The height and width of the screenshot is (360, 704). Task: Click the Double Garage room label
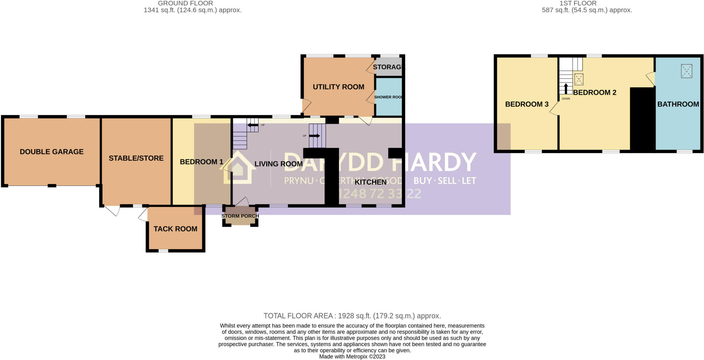(x=52, y=152)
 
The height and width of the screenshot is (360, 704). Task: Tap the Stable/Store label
(x=136, y=158)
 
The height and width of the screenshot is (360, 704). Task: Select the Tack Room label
(x=175, y=229)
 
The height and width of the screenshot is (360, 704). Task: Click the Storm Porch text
(x=240, y=216)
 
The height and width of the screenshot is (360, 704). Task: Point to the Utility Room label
(x=338, y=87)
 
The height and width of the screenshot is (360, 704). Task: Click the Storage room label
(x=388, y=67)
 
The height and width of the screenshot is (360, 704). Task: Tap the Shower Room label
(x=388, y=97)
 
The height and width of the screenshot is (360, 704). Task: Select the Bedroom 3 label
(x=527, y=104)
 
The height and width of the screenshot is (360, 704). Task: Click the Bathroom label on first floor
(x=678, y=104)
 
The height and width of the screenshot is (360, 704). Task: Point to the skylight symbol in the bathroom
(x=686, y=72)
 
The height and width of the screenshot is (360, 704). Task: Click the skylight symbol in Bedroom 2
(x=579, y=79)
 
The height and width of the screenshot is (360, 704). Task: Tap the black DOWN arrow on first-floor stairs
(x=566, y=88)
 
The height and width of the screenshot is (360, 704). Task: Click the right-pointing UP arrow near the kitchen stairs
(x=315, y=136)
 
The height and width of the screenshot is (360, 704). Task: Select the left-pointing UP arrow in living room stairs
(x=253, y=125)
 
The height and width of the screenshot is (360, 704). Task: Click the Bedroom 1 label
(x=201, y=162)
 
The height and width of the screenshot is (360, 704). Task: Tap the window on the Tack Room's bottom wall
(x=163, y=251)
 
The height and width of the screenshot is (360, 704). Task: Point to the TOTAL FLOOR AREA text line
(x=352, y=316)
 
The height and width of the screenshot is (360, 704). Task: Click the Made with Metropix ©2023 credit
(x=352, y=357)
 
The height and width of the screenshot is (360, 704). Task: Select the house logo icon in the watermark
(x=238, y=168)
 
